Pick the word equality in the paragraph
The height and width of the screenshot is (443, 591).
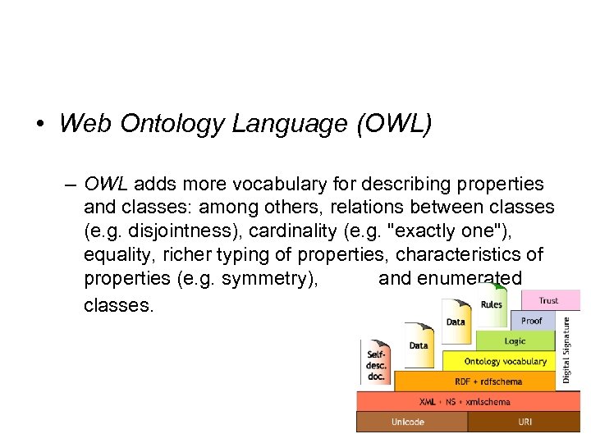(118, 255)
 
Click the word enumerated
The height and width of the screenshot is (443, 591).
(470, 279)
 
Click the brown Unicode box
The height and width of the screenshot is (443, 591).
(410, 422)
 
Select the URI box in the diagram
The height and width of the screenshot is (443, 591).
(525, 422)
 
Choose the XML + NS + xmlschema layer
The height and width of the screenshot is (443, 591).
(465, 401)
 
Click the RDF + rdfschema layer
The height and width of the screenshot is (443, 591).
(488, 381)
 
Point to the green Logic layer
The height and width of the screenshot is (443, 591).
(515, 340)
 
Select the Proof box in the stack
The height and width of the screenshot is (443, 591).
(532, 321)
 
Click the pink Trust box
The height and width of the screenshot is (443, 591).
(548, 300)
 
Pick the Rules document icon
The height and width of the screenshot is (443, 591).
(491, 304)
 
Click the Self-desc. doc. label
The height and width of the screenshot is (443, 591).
(376, 363)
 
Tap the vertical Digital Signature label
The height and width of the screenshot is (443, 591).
(567, 351)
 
